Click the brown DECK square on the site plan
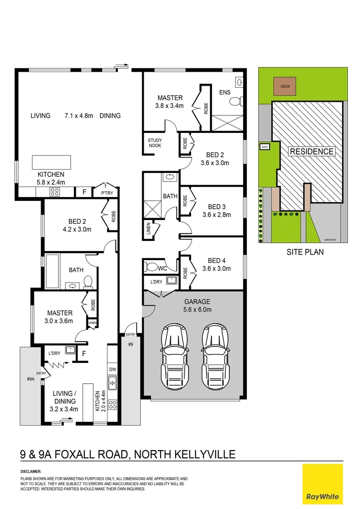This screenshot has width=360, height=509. tap(285, 87)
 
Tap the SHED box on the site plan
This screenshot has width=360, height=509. tap(264, 147)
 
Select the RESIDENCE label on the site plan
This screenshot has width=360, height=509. tap(311, 151)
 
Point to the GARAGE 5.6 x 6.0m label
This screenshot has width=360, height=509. tap(197, 305)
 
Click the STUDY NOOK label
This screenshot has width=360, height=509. tap(155, 143)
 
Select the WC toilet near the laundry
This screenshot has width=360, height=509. tap(151, 267)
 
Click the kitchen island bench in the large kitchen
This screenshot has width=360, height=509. tap(51, 162)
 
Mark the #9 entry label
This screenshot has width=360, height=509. tap(131, 344)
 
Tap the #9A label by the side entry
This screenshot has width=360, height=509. tap(31, 378)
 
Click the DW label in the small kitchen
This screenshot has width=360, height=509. tap(112, 369)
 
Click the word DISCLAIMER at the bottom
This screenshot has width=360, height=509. tap(31, 471)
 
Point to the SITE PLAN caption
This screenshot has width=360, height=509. tap(305, 252)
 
